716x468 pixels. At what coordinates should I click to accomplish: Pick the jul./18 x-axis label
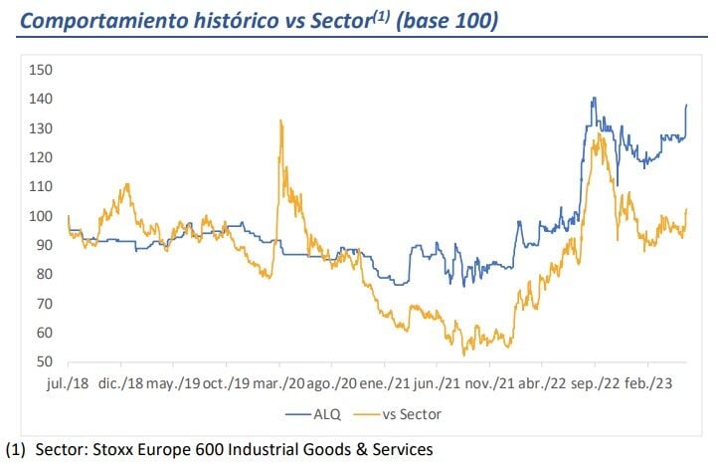coord(68,380)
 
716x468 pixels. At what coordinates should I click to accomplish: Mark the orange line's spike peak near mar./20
coord(281,120)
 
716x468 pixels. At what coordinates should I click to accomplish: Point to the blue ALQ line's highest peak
coord(593,98)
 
